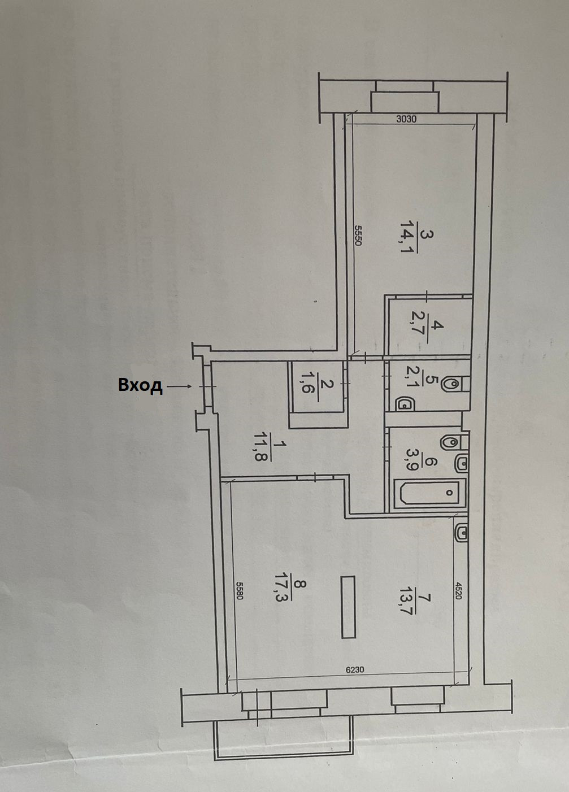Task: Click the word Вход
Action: tap(140, 385)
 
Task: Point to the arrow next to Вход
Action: tap(180, 386)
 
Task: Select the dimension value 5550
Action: tap(358, 234)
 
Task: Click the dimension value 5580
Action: tap(239, 591)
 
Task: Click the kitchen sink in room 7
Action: tap(461, 532)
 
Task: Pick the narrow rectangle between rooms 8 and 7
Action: tap(348, 607)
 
